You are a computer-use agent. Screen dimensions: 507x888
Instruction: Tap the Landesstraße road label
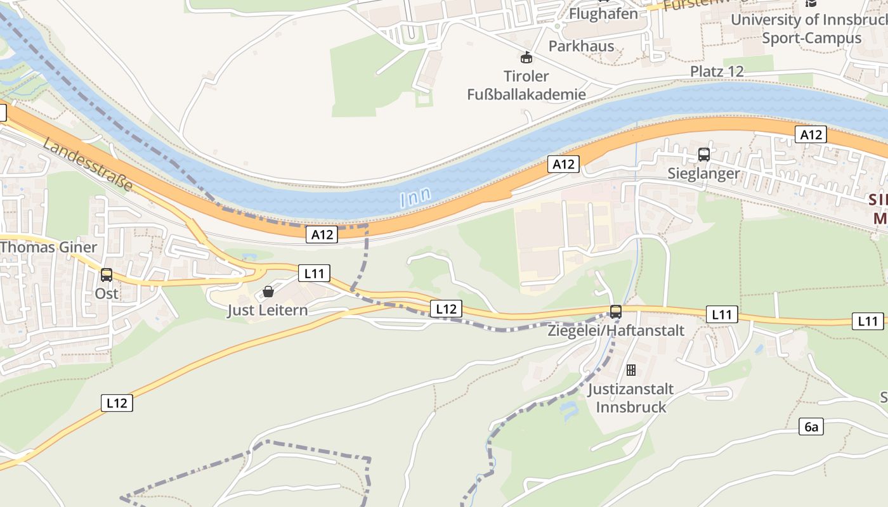[88, 165]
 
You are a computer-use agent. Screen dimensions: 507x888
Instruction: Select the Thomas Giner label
[49, 247]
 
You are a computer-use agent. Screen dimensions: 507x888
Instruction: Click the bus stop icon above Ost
[107, 275]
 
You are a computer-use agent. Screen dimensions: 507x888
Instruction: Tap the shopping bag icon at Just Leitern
[268, 292]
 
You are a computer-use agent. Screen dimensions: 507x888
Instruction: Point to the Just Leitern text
[268, 310]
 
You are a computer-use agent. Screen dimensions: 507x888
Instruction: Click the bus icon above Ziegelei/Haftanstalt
[615, 312]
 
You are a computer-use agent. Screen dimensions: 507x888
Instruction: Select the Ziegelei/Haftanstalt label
[616, 330]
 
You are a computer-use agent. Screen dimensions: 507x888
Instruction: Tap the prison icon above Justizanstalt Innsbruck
[630, 370]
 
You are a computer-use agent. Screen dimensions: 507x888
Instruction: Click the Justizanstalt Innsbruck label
[630, 397]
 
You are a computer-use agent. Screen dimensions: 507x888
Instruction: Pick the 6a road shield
[811, 427]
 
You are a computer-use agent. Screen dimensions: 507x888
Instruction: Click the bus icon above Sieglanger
[703, 155]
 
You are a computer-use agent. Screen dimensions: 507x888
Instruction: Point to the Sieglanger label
[703, 173]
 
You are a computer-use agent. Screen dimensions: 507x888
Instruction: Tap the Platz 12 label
[717, 71]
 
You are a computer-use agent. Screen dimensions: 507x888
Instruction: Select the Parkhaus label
[581, 46]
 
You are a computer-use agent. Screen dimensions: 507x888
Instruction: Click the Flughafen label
[603, 13]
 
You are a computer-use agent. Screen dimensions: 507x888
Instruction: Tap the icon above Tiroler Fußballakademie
[526, 58]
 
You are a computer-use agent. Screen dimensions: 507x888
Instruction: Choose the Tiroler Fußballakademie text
[526, 86]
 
